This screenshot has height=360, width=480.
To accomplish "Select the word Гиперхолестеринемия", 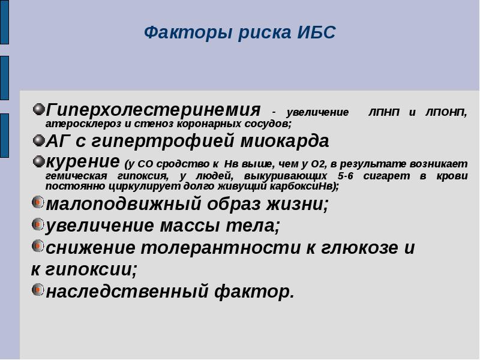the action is point(153,110).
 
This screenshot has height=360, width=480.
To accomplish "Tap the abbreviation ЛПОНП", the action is point(446,113).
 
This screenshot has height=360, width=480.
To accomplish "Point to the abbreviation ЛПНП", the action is point(384,112).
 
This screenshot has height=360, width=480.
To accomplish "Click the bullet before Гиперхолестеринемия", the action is point(38,109).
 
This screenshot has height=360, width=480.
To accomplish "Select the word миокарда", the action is point(284,141).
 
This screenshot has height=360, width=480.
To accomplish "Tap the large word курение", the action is point(83,161).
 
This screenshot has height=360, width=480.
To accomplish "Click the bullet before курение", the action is point(38,161).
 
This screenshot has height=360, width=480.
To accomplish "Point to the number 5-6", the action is point(346,176).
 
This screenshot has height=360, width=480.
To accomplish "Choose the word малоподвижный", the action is point(124,204).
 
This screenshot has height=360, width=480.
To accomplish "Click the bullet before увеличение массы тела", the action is point(38,224).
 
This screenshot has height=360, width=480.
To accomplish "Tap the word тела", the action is point(253,226).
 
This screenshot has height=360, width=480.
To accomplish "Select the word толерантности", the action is point(220,248).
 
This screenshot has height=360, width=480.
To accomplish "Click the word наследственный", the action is point(127,291).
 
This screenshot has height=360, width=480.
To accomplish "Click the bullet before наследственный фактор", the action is point(38,290).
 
